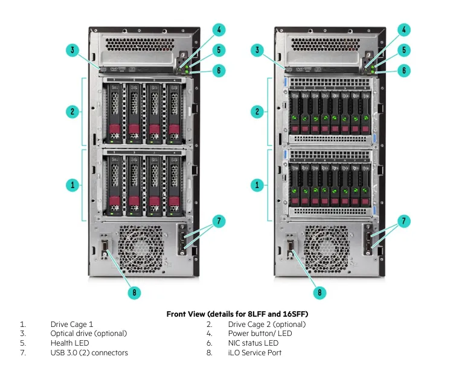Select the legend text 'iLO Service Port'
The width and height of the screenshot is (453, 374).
tap(254, 352)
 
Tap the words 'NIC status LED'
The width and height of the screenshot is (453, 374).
tap(253, 343)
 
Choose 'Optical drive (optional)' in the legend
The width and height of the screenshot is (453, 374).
tap(89, 334)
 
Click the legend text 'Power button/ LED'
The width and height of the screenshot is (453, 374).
tap(260, 334)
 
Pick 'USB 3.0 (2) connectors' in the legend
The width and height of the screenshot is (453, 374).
tap(89, 352)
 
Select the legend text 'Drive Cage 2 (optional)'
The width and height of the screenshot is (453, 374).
tap(266, 324)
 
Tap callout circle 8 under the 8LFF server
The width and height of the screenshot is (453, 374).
tap(135, 293)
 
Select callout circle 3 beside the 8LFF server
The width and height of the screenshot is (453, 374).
tap(72, 50)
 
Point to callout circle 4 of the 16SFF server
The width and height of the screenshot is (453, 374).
tap(405, 30)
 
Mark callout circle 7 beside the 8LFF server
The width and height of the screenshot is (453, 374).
tap(220, 221)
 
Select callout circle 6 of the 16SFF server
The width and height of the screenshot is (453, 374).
tap(405, 71)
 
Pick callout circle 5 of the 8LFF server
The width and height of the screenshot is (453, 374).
tap(220, 50)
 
